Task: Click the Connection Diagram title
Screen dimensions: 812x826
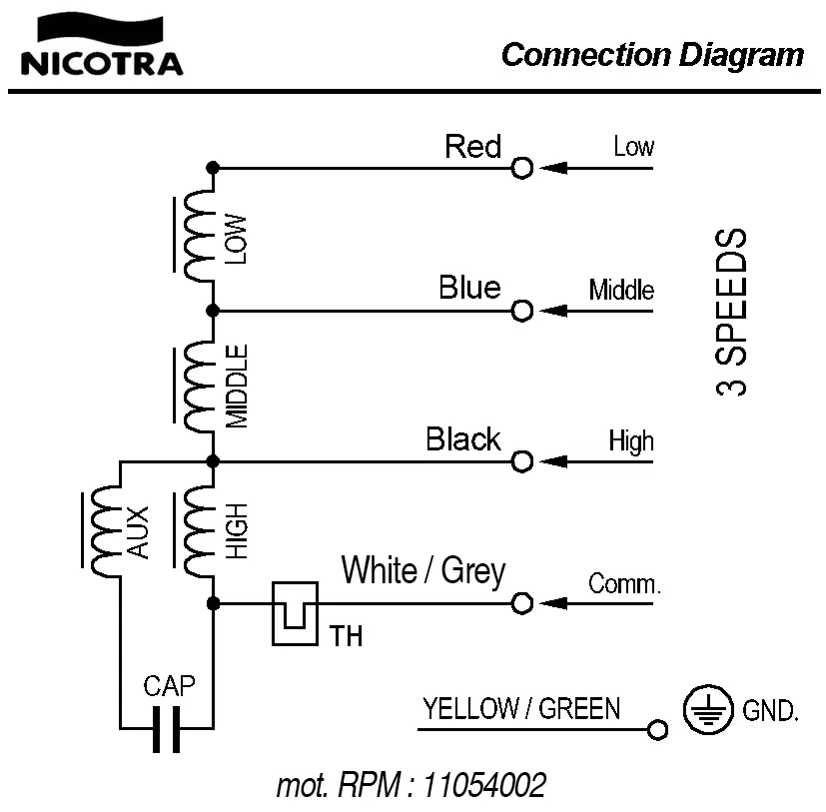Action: [651, 54]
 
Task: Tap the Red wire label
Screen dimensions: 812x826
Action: [472, 147]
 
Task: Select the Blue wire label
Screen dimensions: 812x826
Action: [469, 288]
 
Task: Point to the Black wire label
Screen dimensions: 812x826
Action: [462, 438]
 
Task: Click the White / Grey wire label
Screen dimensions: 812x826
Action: [423, 571]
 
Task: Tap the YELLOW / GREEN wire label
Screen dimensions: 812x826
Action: [520, 709]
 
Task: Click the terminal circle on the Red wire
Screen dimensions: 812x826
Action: [521, 168]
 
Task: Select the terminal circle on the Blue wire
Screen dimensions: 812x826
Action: [521, 311]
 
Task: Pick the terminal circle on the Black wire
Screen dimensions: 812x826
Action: [521, 461]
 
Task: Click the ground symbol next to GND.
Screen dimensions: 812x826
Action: [702, 710]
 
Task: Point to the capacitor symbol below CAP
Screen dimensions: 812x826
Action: [167, 729]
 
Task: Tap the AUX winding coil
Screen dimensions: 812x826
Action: [105, 532]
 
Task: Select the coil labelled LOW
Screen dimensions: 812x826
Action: [199, 238]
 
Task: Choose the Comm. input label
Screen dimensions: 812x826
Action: [624, 583]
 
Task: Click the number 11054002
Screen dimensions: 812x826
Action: [484, 785]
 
